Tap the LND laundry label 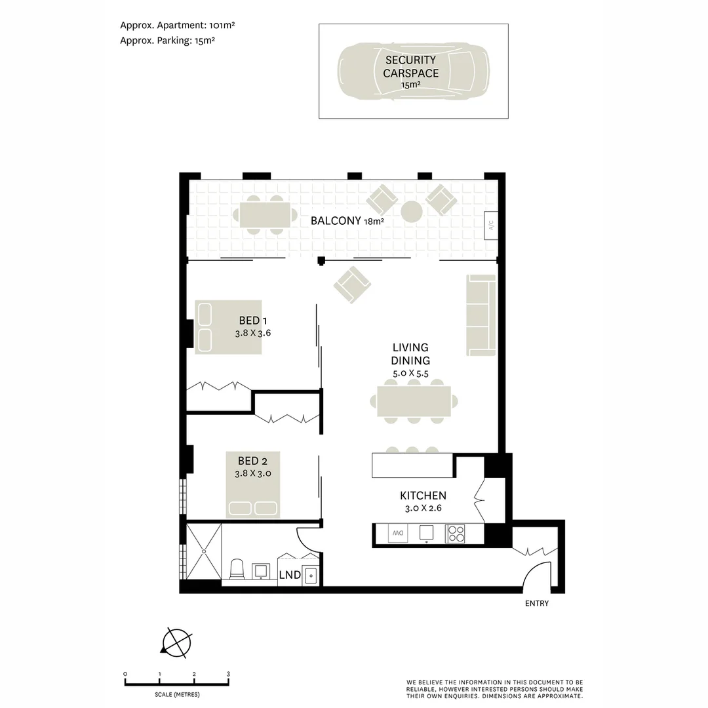[x=290, y=575]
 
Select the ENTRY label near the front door [x=536, y=604]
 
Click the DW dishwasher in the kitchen [x=397, y=534]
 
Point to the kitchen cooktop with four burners [x=456, y=534]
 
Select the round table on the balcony [x=412, y=212]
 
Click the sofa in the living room [x=481, y=315]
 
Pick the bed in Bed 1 [x=228, y=327]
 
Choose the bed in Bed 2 [x=253, y=484]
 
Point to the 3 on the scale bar [x=228, y=674]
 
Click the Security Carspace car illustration [x=413, y=71]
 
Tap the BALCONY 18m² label [x=347, y=221]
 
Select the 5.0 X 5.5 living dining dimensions [x=410, y=372]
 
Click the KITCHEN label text [x=423, y=496]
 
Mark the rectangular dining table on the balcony [x=265, y=215]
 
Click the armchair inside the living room [x=352, y=285]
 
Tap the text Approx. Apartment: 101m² [x=177, y=26]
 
